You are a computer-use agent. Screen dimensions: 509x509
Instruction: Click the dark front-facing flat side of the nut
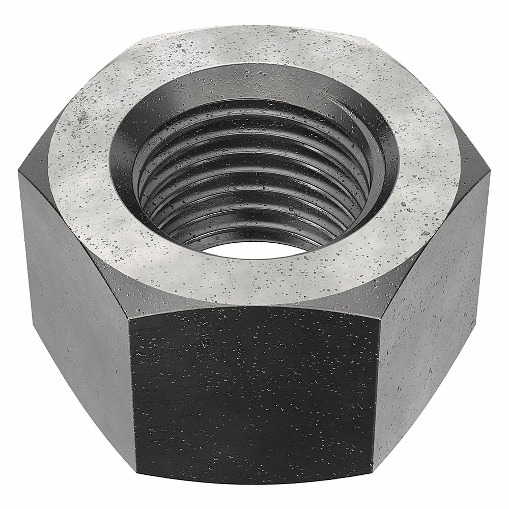[x=254, y=397]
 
